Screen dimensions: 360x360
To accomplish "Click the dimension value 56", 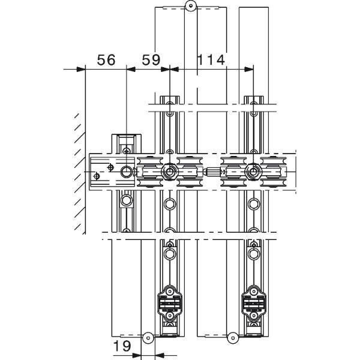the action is click(106, 59).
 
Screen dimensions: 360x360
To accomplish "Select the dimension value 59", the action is click(151, 59).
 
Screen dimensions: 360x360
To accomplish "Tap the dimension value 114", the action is click(211, 59).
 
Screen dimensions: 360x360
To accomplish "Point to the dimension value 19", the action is click(122, 346).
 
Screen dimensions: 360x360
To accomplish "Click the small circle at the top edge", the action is click(191, 6).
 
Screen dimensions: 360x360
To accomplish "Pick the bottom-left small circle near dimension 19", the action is click(148, 338).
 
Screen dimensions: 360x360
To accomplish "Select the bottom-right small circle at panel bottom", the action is click(233, 338).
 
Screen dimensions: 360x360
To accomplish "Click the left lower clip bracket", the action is click(170, 304).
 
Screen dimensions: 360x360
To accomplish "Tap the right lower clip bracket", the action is click(254, 304).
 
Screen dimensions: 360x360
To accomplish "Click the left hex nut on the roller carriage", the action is click(169, 172).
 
